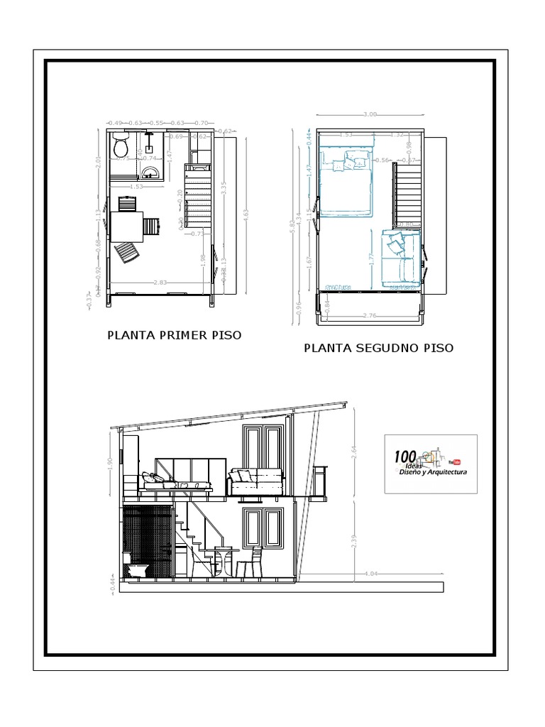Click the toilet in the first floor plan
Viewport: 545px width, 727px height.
[x=120, y=148]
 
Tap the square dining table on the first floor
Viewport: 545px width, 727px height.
[x=126, y=226]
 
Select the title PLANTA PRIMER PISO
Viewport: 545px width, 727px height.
[x=174, y=335]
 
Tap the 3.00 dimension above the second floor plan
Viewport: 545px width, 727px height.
[x=369, y=114]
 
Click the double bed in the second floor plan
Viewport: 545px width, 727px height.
[x=346, y=182]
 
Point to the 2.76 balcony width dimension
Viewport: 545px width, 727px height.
[x=369, y=315]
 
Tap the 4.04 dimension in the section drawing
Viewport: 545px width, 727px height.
[x=370, y=572]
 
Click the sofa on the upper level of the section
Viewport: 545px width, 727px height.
[x=256, y=483]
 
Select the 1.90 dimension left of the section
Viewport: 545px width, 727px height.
[x=111, y=461]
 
